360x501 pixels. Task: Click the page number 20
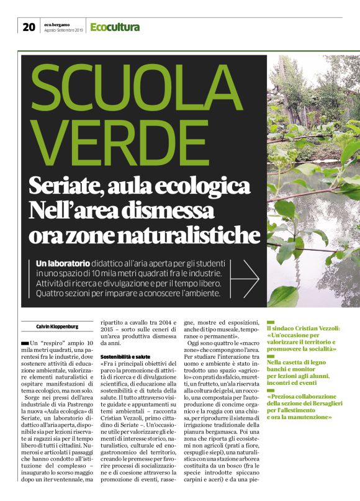29,27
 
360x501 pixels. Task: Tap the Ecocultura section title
115,27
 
